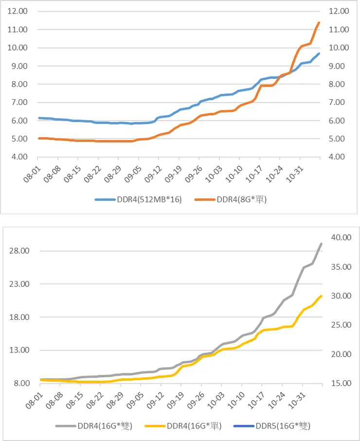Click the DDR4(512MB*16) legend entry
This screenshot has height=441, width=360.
pos(139,200)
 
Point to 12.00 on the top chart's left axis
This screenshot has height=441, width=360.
pos(16,11)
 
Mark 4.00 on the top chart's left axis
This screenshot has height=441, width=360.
pos(16,157)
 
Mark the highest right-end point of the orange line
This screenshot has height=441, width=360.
pos(319,22)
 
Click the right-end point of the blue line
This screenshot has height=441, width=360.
pos(319,53)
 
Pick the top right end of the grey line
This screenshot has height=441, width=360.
pos(322,244)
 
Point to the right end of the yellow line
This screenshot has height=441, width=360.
pos(322,296)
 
